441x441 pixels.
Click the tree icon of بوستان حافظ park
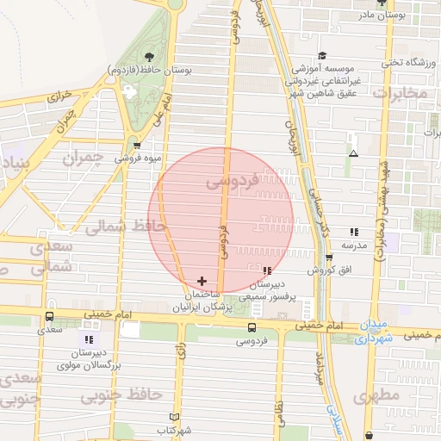[150, 56]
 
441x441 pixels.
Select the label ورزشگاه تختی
[404, 62]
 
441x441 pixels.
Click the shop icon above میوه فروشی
[138, 145]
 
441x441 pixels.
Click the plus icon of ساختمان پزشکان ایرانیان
[202, 281]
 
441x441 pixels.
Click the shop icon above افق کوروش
[329, 258]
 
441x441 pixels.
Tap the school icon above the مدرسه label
[354, 232]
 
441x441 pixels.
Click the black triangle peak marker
[353, 154]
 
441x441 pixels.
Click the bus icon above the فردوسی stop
[252, 327]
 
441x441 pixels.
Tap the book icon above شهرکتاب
[175, 416]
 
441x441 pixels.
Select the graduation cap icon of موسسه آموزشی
[322, 54]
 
